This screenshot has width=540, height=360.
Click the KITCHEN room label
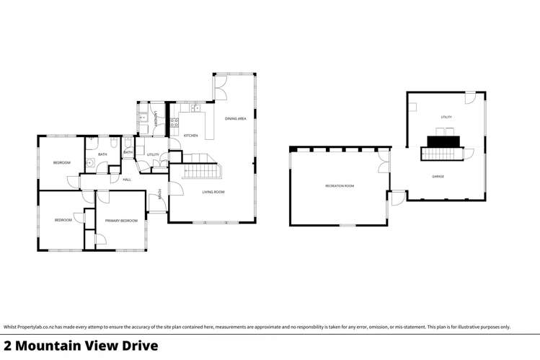coord(190,136)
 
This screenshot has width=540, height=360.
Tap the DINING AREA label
coord(236,118)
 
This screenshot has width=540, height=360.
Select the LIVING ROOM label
coord(213,192)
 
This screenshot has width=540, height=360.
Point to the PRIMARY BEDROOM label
coord(121,220)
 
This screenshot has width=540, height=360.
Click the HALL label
coord(126,179)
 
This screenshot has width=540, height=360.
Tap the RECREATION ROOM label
coord(339,186)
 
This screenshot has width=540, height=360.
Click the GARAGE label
coord(438,176)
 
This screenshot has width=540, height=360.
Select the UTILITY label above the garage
coord(446,117)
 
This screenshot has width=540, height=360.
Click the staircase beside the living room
coord(201,171)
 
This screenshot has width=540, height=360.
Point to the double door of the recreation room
coord(384,162)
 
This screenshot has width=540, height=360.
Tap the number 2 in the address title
coord(8,346)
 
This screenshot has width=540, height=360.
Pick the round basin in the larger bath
coord(89,163)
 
